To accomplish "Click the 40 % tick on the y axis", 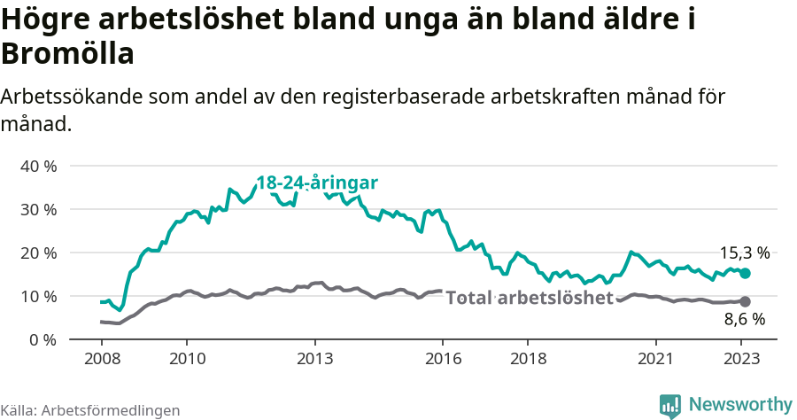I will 38,166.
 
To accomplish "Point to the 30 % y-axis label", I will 38,209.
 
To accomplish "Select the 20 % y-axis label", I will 38,253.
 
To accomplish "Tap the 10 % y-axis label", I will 38,296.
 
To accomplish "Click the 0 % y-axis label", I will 43,339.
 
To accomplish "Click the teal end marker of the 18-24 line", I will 745,274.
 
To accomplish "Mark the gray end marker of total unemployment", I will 745,302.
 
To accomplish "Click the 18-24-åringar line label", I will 317,183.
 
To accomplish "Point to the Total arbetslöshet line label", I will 529,298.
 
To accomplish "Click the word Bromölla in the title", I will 67,54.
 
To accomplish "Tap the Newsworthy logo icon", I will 670,405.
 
